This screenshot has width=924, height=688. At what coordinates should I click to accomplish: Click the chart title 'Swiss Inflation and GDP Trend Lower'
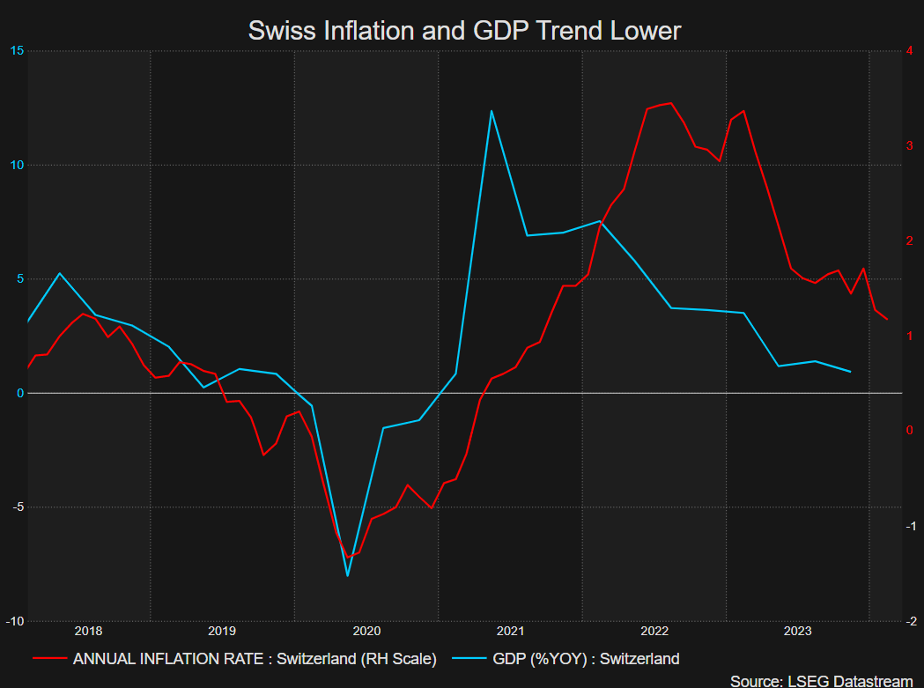[x=464, y=31]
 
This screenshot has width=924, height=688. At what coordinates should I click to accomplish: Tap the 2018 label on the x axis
[x=88, y=631]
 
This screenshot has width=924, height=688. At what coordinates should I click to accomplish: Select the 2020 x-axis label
[x=366, y=631]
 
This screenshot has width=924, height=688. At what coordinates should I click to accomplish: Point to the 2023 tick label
[x=798, y=631]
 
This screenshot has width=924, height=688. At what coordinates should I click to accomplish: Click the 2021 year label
[x=511, y=631]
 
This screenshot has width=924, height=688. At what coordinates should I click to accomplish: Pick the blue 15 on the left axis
[x=16, y=51]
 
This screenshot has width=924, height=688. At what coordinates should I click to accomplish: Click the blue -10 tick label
[x=14, y=620]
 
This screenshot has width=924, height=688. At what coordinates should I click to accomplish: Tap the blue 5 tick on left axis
[x=18, y=279]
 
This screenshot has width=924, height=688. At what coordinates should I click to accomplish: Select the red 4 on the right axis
[x=909, y=51]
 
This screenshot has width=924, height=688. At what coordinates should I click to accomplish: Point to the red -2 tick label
[x=911, y=620]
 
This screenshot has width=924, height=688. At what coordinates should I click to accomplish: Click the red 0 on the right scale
[x=909, y=431]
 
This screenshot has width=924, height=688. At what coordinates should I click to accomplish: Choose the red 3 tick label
[x=909, y=145]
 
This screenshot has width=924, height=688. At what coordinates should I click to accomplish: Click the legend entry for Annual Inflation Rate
[x=255, y=658]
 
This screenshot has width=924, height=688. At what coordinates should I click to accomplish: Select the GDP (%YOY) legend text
[x=586, y=658]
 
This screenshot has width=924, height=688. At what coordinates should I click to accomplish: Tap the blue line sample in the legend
[x=469, y=658]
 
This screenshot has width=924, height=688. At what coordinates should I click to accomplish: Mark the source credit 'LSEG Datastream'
[x=821, y=680]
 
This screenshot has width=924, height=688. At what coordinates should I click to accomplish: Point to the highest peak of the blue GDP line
[x=492, y=111]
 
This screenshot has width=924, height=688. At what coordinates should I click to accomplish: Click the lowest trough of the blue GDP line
[x=348, y=576]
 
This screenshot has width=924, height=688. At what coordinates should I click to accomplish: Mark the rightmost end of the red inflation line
[x=887, y=319]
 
